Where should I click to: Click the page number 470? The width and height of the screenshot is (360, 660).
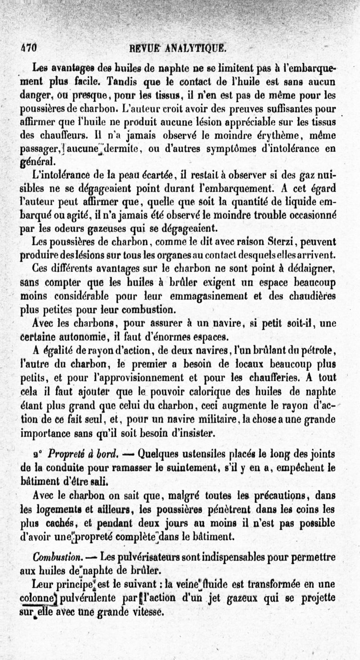pyautogui.click(x=28, y=47)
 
